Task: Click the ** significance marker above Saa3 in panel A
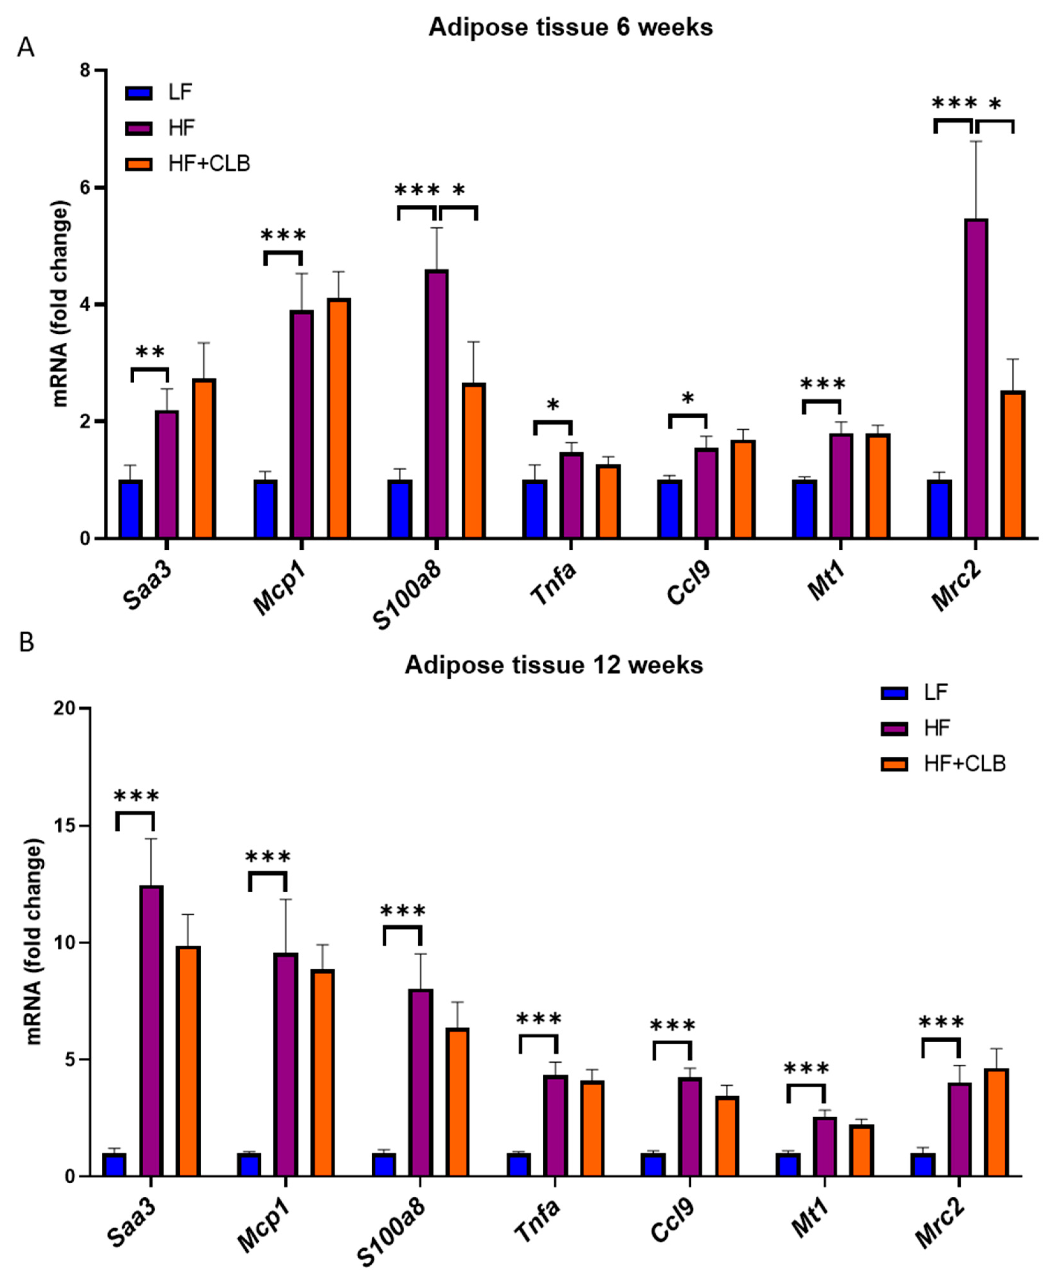150,352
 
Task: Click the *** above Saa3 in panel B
136,797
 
